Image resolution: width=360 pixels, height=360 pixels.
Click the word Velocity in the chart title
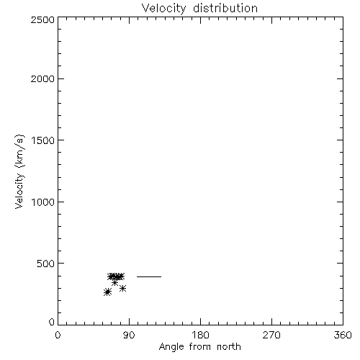click(163, 9)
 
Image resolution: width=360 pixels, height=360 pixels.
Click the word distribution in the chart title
click(225, 8)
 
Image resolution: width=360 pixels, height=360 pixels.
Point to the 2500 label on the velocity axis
click(42, 19)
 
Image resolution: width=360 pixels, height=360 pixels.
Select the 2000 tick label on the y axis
click(42, 78)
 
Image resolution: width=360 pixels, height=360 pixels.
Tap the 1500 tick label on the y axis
click(43, 140)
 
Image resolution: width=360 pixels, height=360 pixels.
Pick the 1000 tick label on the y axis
click(43, 202)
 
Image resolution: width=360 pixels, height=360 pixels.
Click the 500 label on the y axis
click(45, 264)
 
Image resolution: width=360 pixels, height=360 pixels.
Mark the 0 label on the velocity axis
click(52, 322)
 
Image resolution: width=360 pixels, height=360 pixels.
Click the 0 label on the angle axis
click(58, 335)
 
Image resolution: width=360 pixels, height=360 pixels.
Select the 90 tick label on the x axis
click(129, 335)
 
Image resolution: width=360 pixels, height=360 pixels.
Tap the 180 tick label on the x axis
click(200, 335)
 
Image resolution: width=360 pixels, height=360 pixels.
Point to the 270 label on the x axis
click(271, 335)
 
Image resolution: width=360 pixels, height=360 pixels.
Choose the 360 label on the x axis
click(343, 335)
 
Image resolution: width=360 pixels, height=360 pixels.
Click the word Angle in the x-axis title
click(171, 348)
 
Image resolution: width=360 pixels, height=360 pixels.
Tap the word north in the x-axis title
click(229, 347)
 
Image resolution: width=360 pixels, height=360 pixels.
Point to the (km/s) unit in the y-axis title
click(20, 151)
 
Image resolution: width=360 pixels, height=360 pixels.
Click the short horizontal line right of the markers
click(149, 276)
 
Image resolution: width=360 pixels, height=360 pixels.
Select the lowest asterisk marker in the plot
click(107, 292)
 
